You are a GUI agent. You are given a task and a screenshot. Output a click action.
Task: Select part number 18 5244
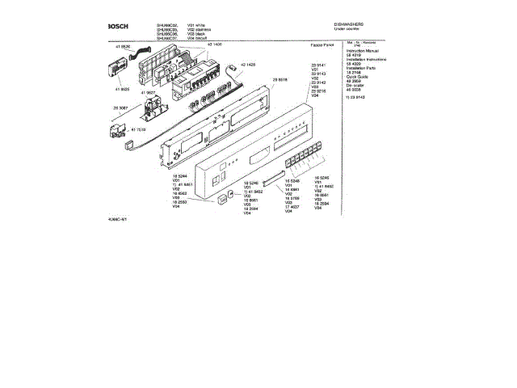(179, 175)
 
